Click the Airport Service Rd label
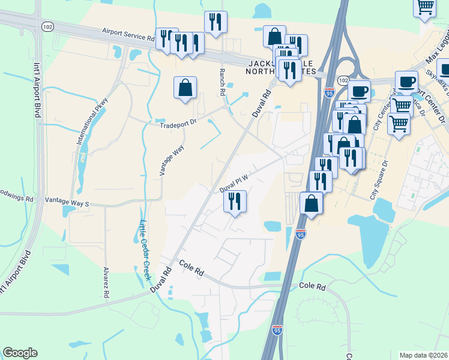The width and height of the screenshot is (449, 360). (x=128, y=32)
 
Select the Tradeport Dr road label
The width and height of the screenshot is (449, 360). (x=178, y=124)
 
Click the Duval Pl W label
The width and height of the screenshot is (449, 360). (x=234, y=180)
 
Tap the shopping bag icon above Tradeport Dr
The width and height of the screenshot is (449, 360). (x=185, y=88)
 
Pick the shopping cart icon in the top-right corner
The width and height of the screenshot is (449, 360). (x=425, y=7)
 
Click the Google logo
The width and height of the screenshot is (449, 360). (x=20, y=353)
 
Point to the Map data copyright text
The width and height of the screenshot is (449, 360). (x=423, y=355)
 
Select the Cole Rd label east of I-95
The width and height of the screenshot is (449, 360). (x=312, y=287)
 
